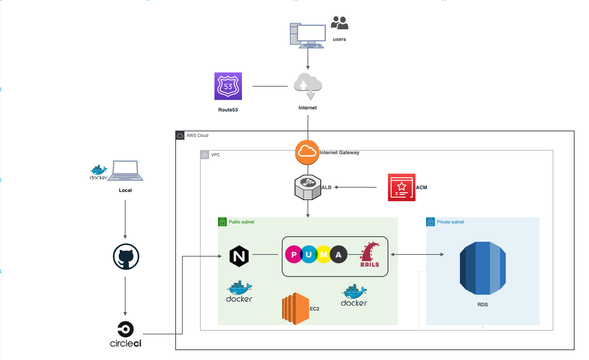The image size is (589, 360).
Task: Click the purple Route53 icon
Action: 228,86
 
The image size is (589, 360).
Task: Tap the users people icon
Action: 339,23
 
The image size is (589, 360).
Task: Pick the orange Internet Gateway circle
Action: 307,152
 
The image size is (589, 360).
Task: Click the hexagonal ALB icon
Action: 308,187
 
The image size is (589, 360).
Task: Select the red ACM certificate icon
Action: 401,187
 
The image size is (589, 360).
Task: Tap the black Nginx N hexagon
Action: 239,256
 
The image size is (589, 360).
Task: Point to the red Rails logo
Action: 370,254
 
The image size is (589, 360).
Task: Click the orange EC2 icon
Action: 296,308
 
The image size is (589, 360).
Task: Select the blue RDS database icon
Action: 482,268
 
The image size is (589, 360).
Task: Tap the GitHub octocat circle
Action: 126,257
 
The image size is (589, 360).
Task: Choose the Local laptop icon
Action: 126,171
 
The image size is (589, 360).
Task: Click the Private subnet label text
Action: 450,222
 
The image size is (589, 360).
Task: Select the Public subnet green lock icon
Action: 222,222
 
